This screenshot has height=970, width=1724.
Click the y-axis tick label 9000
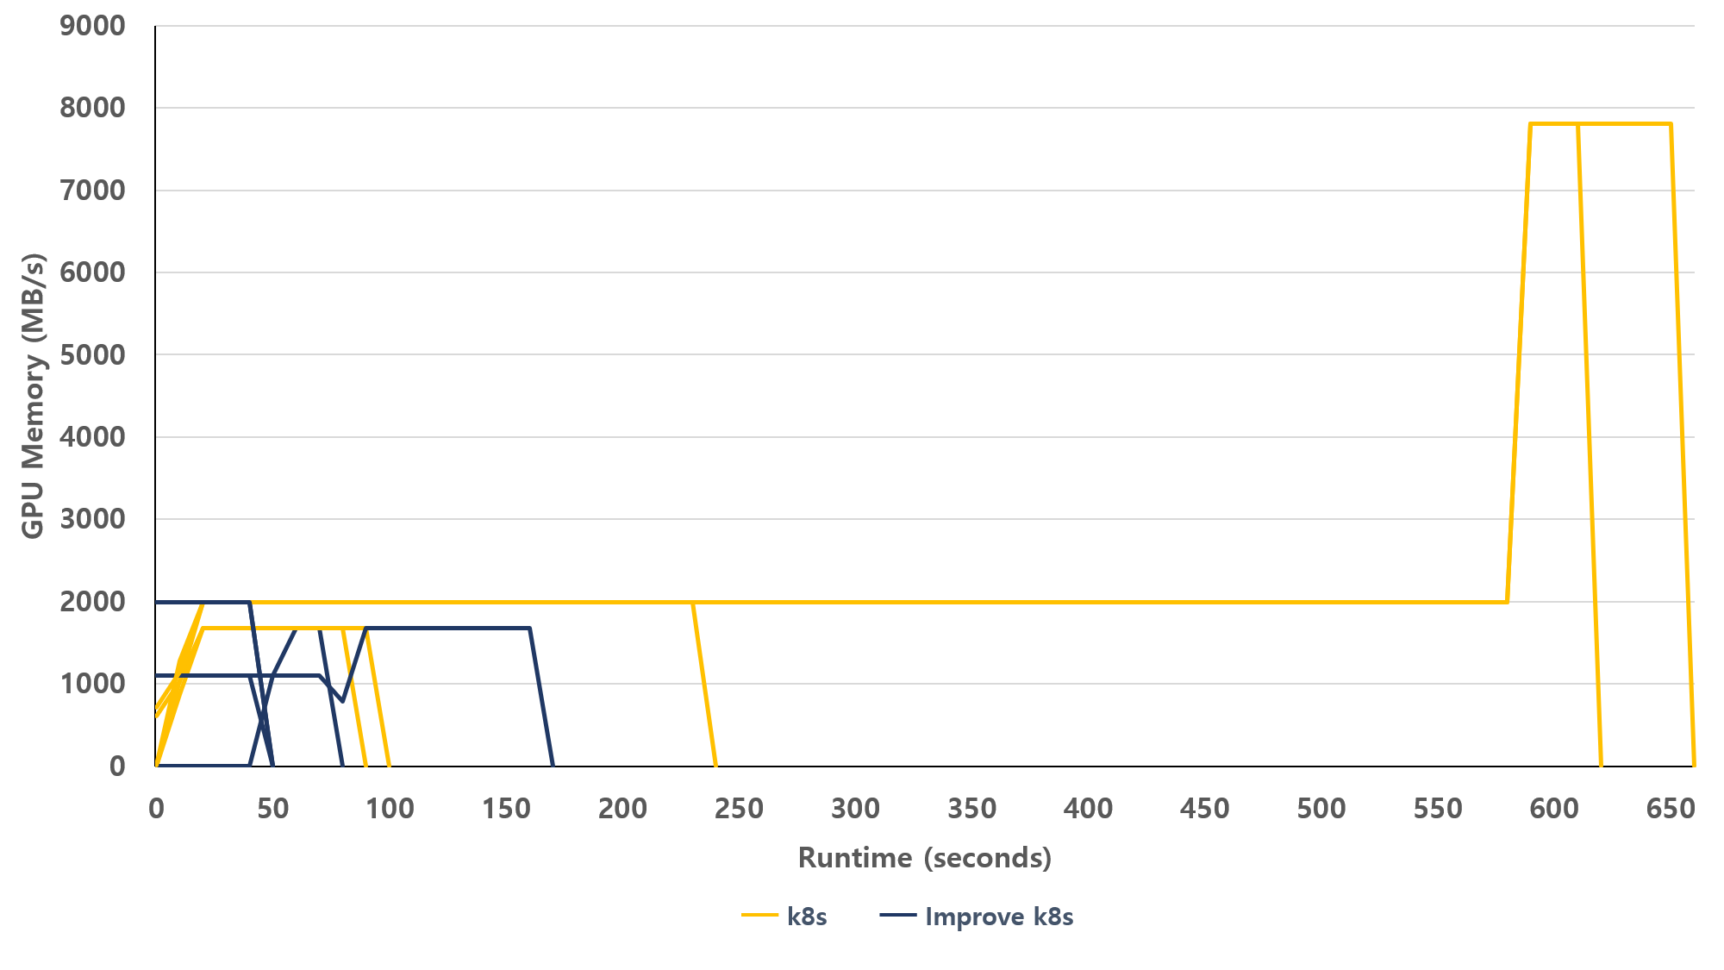pyautogui.click(x=92, y=26)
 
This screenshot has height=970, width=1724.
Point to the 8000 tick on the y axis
pyautogui.click(x=92, y=108)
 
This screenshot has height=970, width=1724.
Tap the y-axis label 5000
pyautogui.click(x=92, y=354)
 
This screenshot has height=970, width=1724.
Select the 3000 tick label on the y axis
pyautogui.click(x=92, y=519)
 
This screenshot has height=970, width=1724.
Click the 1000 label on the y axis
pyautogui.click(x=92, y=684)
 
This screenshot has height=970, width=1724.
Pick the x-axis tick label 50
pyautogui.click(x=272, y=809)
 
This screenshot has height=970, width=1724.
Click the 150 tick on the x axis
pyautogui.click(x=506, y=809)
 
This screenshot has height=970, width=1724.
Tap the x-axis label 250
pyautogui.click(x=739, y=809)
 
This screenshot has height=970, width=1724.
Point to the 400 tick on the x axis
pyautogui.click(x=1088, y=809)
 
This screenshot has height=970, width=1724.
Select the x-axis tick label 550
pyautogui.click(x=1438, y=809)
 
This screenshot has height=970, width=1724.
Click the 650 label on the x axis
pyautogui.click(x=1671, y=809)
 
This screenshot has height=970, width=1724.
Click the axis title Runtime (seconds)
pyautogui.click(x=925, y=858)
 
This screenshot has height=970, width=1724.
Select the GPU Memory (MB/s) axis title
pyautogui.click(x=33, y=396)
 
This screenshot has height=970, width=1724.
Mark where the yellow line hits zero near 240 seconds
pyautogui.click(x=715, y=765)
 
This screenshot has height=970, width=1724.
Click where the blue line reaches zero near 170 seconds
pyautogui.click(x=553, y=765)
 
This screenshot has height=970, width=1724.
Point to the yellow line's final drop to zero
pyautogui.click(x=1694, y=765)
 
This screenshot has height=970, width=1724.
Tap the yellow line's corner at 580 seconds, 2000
pyautogui.click(x=1508, y=602)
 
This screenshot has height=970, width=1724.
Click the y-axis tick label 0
pyautogui.click(x=117, y=766)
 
